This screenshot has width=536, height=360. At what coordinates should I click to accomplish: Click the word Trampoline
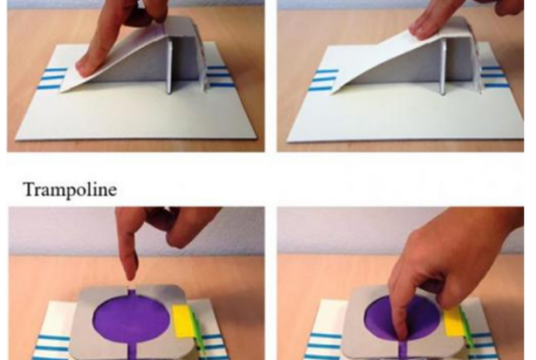[70, 189]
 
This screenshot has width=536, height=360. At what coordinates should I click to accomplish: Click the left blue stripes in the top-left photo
[54, 79]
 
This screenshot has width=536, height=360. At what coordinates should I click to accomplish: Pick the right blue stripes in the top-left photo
[219, 76]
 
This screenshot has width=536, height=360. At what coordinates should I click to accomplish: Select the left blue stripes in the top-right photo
[324, 80]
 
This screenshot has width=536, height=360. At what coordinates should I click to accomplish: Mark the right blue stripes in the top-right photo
[495, 77]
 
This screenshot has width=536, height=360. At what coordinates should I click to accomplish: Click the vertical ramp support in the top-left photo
[170, 65]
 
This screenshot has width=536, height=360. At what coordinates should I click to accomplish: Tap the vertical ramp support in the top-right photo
[443, 66]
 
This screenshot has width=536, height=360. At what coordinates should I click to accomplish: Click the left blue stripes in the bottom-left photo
[54, 347]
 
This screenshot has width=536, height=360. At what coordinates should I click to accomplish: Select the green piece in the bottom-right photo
[467, 328]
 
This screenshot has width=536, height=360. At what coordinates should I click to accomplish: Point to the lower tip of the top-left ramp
[62, 91]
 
